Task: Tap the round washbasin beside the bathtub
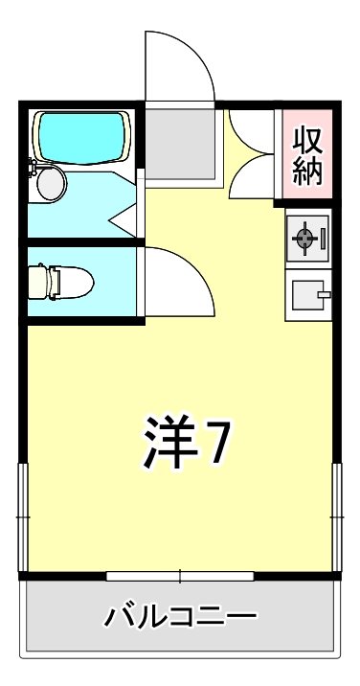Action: [49, 182]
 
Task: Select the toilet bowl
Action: [69, 283]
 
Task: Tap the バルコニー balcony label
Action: [182, 614]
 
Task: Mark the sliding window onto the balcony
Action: [180, 576]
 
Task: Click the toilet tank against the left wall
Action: [35, 283]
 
